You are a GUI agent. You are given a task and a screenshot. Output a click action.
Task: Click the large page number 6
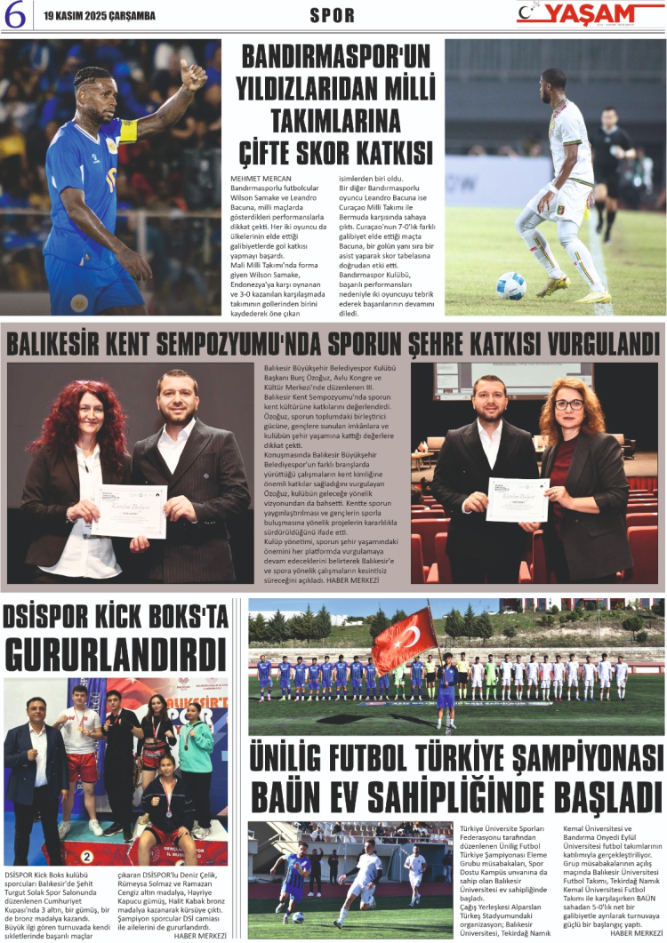[14, 15]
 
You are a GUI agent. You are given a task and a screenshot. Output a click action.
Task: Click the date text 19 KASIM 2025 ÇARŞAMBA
[99, 16]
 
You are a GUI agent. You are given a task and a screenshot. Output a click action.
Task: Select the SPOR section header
[333, 15]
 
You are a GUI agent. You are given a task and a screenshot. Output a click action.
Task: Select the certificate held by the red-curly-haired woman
[130, 510]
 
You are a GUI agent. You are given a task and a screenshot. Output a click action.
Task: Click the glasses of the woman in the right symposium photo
[569, 404]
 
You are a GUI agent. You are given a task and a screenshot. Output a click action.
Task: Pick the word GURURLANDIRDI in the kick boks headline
[116, 654]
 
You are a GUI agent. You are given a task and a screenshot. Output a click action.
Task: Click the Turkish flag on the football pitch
[405, 640]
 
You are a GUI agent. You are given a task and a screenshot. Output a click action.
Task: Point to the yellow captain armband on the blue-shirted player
[128, 132]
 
